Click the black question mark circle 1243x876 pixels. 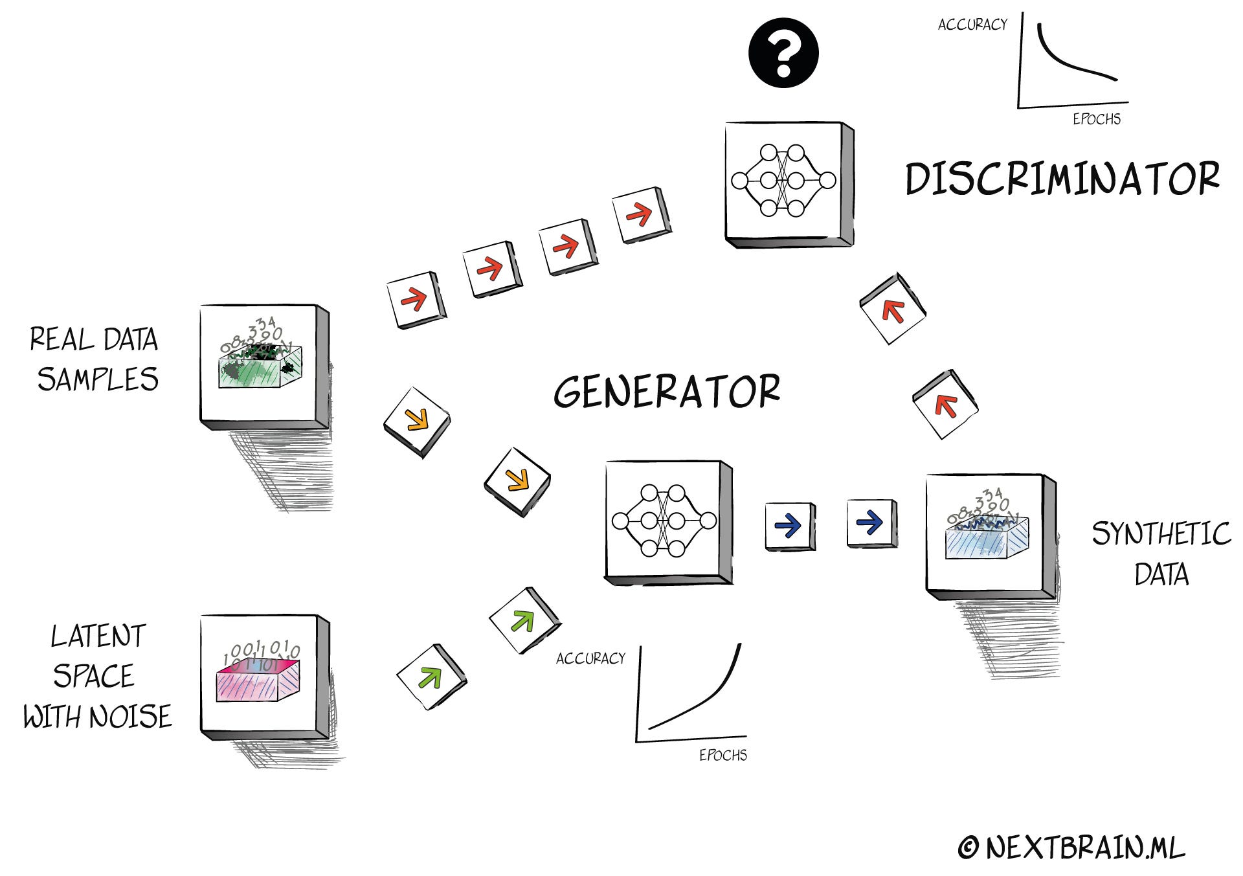pos(783,53)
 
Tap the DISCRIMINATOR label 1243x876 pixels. pos(1062,179)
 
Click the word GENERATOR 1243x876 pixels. pos(667,391)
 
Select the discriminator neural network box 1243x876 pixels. pos(789,184)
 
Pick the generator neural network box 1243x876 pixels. pos(669,523)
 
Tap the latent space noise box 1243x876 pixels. pos(265,677)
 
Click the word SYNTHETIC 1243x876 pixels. pos(1161,533)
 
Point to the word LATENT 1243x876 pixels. pos(98,636)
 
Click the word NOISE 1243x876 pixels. pos(130,717)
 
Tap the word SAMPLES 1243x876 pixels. pos(98,379)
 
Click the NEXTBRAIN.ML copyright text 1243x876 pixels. pos(1072,848)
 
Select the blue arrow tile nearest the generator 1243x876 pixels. pos(790,526)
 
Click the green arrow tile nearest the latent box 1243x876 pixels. pos(431,677)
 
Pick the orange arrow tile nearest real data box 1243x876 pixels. pos(416,422)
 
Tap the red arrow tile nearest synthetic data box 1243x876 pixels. pos(945,405)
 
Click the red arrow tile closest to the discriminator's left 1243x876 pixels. pos(642,215)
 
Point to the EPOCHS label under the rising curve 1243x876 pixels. pos(723,755)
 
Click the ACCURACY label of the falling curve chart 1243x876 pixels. pos(972,25)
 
